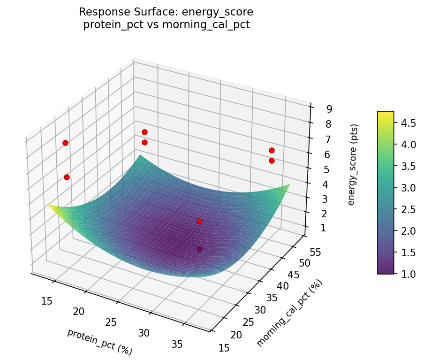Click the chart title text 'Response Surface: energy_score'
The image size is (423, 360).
pyautogui.click(x=166, y=12)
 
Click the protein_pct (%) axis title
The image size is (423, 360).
pyautogui.click(x=99, y=342)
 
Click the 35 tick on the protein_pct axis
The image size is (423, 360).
pyautogui.click(x=177, y=345)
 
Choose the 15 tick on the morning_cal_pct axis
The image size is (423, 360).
pyautogui.click(x=225, y=347)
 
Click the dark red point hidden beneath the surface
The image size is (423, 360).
pyautogui.click(x=199, y=249)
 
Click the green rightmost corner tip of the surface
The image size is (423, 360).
pyautogui.click(x=289, y=185)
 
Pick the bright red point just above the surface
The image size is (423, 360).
pyautogui.click(x=199, y=221)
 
